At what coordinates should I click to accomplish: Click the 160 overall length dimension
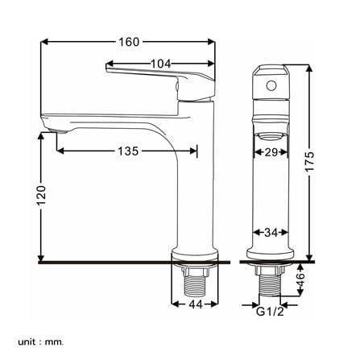(x=129, y=42)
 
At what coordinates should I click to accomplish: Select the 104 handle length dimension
(x=160, y=64)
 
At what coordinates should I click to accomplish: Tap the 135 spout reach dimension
(x=128, y=151)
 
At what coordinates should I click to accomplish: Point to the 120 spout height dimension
(x=41, y=195)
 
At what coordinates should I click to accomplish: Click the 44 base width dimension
(x=196, y=304)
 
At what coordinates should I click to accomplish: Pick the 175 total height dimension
(x=310, y=161)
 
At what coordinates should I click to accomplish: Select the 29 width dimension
(x=271, y=152)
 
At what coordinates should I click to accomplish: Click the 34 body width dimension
(x=271, y=233)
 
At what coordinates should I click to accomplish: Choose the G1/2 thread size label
(x=270, y=312)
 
